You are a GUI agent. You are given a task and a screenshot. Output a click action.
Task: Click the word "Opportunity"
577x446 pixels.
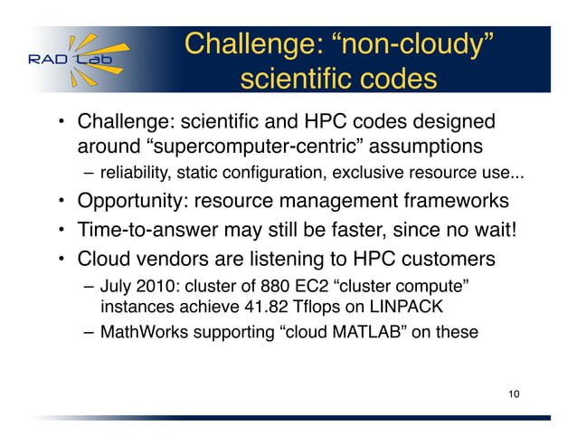133,201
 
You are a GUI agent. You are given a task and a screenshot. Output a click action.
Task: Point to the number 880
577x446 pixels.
265,288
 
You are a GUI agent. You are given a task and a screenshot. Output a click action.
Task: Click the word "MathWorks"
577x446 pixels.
141,332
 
